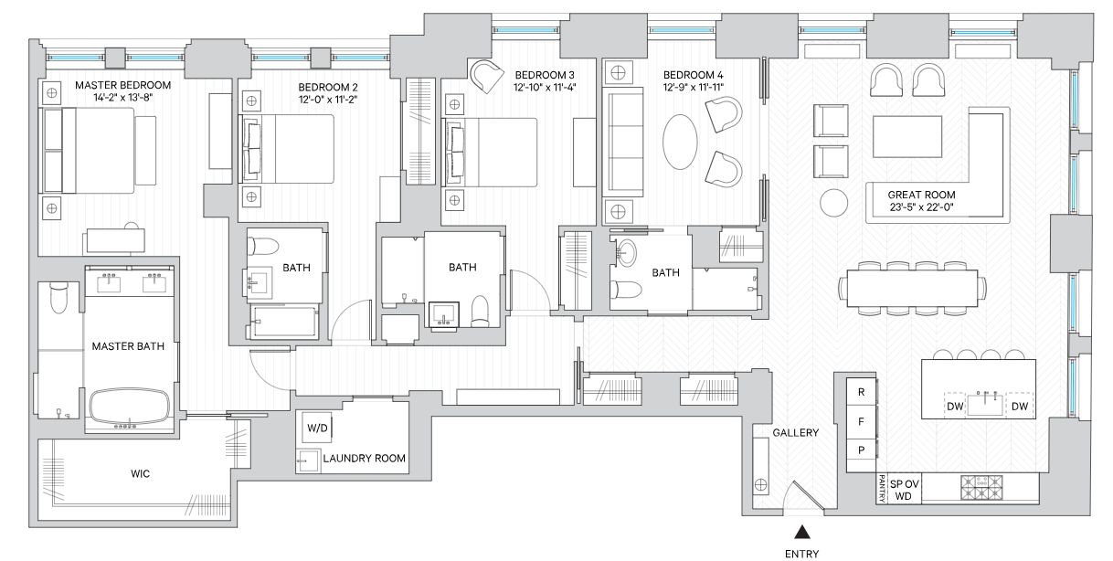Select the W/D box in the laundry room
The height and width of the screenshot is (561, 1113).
(x=317, y=428)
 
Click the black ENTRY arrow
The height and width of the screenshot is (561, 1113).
(x=801, y=532)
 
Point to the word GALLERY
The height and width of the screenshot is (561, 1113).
(x=795, y=433)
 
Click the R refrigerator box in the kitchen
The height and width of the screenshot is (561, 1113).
(x=861, y=390)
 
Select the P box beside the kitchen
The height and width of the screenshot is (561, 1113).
(x=861, y=450)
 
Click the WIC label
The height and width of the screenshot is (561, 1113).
(x=139, y=474)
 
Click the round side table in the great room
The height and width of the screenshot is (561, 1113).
(x=833, y=202)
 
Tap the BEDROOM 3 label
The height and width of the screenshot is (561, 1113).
(x=545, y=75)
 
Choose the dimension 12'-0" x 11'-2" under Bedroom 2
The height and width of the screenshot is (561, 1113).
(x=326, y=101)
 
